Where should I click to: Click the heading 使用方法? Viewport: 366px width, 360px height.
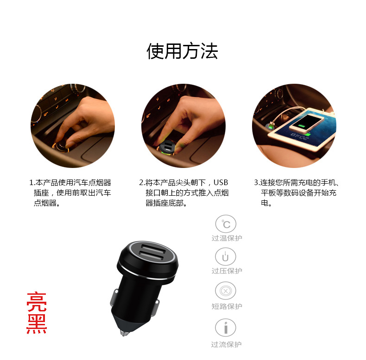[182, 51]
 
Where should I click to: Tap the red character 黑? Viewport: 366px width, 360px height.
[37, 324]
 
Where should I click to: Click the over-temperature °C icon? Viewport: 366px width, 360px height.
[226, 224]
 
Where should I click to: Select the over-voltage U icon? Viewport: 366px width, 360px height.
[226, 257]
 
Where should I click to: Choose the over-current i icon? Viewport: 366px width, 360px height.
[226, 328]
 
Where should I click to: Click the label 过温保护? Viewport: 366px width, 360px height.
[227, 238]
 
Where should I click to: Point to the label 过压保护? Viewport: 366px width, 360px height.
[227, 271]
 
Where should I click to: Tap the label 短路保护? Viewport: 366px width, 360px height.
[227, 306]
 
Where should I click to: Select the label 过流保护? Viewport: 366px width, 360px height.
[227, 344]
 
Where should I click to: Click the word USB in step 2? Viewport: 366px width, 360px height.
[221, 182]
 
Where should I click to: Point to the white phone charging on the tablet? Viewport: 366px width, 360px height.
[307, 123]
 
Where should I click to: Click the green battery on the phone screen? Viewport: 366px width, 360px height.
[306, 124]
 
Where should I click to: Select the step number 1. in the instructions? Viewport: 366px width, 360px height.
[32, 182]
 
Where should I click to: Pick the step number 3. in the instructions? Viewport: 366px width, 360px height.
[257, 182]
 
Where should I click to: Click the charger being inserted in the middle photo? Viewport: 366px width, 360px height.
[167, 147]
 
